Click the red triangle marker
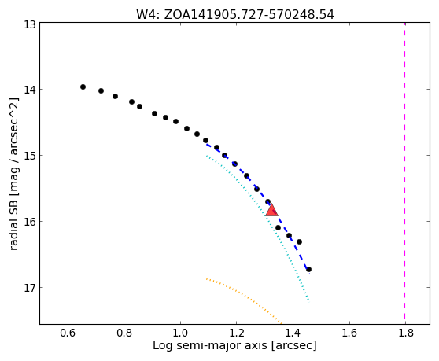pos(271,211)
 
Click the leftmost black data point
pos(83,87)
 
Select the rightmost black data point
pos(309,270)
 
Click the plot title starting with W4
pos(235,14)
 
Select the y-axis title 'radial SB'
pos(14,174)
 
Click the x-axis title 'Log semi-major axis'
pos(234,345)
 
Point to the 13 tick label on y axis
pos(29,24)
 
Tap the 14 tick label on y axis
pos(29,90)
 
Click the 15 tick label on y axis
pos(29,156)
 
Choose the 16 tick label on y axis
pos(29,222)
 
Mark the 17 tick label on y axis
pos(29,288)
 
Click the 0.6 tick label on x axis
pos(68,333)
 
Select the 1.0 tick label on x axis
pos(180,333)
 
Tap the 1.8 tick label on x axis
pos(405,333)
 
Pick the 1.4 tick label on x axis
pos(293,333)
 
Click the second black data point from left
pos(101,90)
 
